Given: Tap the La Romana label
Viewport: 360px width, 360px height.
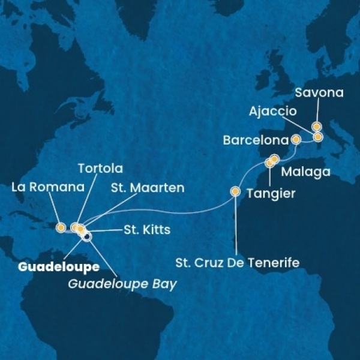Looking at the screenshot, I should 47,187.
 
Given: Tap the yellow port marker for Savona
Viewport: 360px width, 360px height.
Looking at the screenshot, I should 316,127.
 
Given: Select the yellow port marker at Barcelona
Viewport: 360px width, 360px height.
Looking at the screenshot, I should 295,139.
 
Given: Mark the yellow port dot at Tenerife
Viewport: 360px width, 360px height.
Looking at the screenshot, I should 235,193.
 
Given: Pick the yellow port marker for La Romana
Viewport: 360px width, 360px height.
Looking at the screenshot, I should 60,227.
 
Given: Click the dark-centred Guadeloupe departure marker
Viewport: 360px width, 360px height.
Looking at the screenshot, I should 87,236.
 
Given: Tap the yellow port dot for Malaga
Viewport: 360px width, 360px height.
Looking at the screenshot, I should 274,160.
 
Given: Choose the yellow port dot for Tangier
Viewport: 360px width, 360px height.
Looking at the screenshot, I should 269,163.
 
